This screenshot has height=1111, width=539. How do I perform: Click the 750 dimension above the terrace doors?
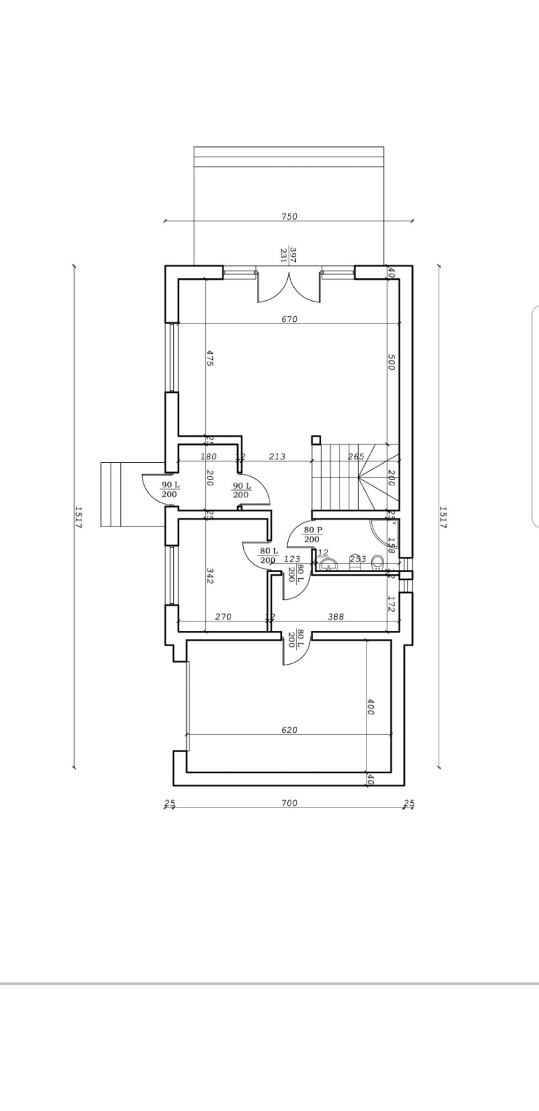pos(289,216)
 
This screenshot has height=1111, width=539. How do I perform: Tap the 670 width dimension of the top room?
pos(289,319)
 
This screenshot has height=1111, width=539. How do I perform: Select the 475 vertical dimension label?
pos(209,358)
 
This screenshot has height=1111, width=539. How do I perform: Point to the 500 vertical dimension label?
pos(390,362)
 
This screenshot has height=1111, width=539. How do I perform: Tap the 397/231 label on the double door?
pos(288,255)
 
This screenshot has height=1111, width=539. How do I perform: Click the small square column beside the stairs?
pos(316,439)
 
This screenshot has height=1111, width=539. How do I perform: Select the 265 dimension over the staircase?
pos(356,456)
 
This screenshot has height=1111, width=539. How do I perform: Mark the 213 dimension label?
pos(277,456)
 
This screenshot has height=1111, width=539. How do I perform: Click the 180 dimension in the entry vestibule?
pos(208,456)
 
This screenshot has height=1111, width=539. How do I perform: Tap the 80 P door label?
pos(312,534)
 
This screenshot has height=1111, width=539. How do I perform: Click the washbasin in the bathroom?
pos(328,565)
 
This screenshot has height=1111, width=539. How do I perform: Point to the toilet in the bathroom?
pos(378,563)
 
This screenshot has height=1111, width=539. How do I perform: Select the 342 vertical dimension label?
pos(209,575)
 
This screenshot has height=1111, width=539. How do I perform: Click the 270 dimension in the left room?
pos(223,616)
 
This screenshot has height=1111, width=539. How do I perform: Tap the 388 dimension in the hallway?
pos(336,616)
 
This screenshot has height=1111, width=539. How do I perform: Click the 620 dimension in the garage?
pos(289,730)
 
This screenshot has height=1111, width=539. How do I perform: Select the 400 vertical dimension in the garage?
pos(370,706)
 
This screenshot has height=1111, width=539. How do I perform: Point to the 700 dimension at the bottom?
pos(289,803)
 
